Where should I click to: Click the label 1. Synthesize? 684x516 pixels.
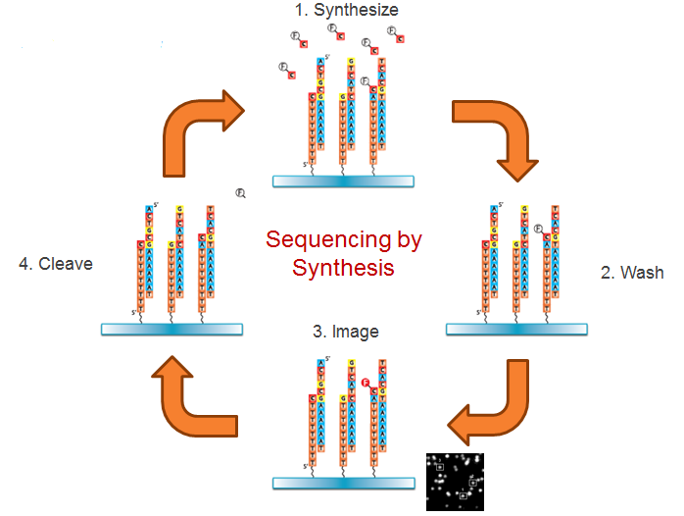coord(346,11)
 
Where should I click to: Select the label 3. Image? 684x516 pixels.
coord(346,333)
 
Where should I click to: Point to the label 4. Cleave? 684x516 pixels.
coord(57,263)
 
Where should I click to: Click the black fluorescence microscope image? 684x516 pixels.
coord(455,482)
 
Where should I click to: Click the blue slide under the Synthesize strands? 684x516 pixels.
coord(343,181)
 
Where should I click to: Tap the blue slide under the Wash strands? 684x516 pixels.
coord(514,330)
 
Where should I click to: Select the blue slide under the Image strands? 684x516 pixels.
coord(343,483)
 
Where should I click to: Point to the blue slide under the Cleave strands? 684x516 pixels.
coord(172,330)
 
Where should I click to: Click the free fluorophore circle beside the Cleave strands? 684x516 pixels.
coord(240,193)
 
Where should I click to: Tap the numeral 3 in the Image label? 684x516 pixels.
coord(318,333)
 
